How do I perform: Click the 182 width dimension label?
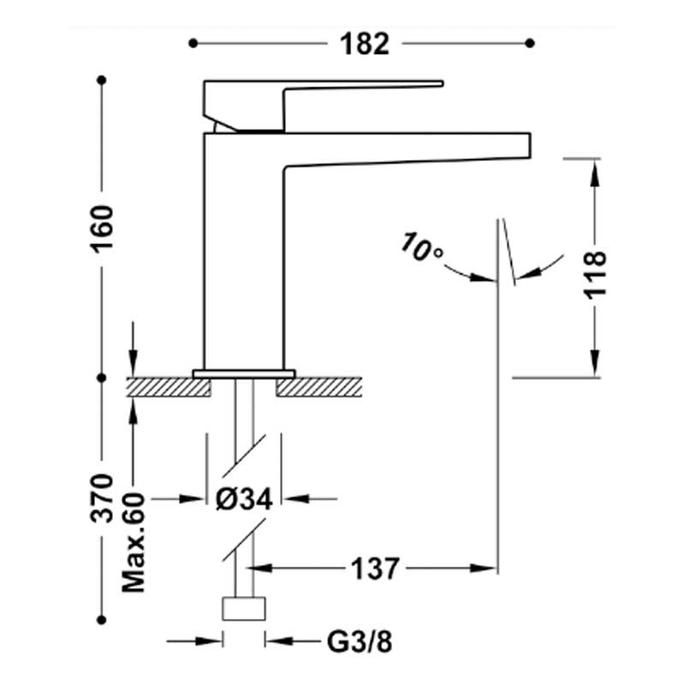pos(365,45)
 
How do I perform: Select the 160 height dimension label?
pos(102,229)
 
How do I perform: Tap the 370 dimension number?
pos(102,498)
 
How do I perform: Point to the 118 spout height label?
pos(595,275)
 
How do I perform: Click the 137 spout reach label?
pos(375,569)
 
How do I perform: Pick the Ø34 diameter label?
pos(244,498)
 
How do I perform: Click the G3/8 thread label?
pos(360,641)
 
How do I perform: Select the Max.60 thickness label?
pos(134,542)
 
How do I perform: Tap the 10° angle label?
pos(421,247)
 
